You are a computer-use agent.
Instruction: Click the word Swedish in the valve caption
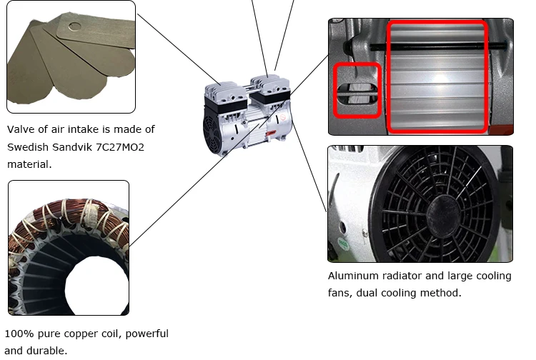(x=28, y=147)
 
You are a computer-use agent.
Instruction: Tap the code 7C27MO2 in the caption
(x=120, y=147)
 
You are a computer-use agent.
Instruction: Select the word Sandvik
(x=72, y=147)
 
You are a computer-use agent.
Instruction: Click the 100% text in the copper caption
(x=19, y=334)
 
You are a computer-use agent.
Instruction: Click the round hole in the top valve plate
(x=74, y=26)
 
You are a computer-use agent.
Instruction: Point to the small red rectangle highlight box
(x=357, y=90)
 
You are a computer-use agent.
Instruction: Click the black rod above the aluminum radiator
(x=438, y=45)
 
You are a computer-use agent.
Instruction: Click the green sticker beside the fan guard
(x=342, y=244)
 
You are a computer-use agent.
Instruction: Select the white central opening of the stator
(x=96, y=285)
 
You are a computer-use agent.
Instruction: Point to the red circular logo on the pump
(x=283, y=118)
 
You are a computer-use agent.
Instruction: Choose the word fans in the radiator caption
(x=339, y=293)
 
